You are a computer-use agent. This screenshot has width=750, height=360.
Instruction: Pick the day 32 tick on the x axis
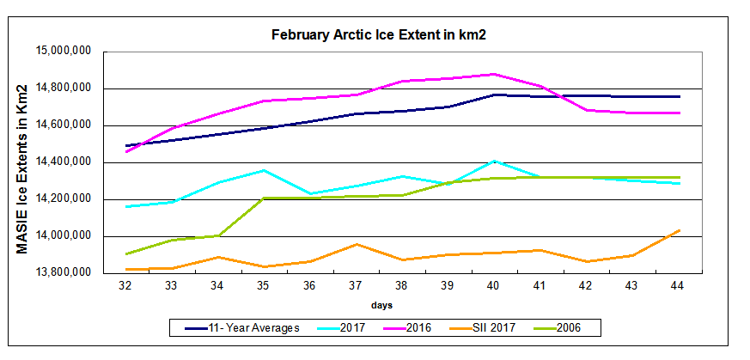pos(125,286)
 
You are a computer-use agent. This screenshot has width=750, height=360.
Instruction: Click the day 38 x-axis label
pos(400,286)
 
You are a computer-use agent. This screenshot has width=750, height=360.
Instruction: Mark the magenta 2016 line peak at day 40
pos(494,74)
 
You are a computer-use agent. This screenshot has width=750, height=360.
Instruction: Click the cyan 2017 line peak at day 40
pos(494,161)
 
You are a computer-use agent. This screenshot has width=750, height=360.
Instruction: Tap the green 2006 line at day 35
pos(263,198)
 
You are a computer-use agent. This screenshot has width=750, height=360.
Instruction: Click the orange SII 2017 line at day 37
pos(356,244)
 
